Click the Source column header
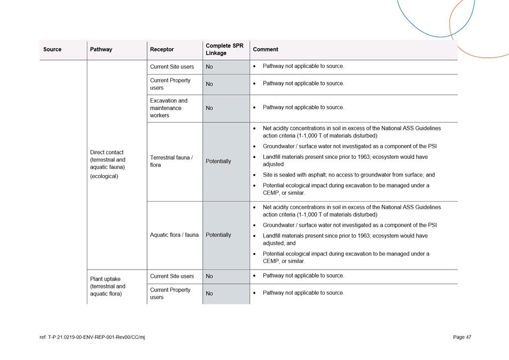(x=52, y=49)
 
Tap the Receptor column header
(x=162, y=49)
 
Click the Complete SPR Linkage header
(x=224, y=49)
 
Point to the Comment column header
(x=265, y=49)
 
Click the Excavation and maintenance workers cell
(x=169, y=108)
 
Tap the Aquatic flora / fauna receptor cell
(x=174, y=235)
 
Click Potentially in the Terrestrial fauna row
(x=218, y=161)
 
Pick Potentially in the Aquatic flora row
(x=218, y=235)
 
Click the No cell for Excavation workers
(x=209, y=108)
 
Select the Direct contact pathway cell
(x=108, y=159)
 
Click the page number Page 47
(x=462, y=337)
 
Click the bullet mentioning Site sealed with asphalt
(x=348, y=175)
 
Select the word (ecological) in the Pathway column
(x=104, y=176)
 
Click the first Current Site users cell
(x=172, y=66)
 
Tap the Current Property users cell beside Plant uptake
(x=170, y=293)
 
